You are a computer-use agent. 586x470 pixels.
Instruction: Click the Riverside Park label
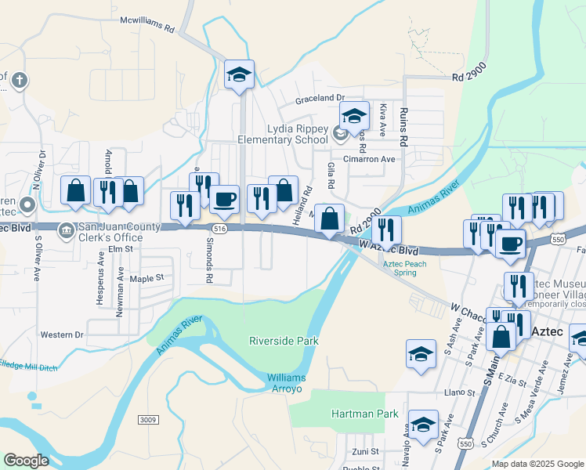click(x=284, y=341)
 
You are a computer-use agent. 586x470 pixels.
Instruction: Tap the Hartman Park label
click(x=364, y=414)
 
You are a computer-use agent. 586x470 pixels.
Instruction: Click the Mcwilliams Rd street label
click(x=146, y=27)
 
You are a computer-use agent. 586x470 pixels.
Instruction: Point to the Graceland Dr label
click(x=320, y=99)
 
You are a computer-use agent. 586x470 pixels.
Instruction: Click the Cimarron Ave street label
click(x=367, y=158)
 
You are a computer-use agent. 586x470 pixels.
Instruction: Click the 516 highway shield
click(x=219, y=228)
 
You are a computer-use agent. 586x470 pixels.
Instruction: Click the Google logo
click(x=26, y=461)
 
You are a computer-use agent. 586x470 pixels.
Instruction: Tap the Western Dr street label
click(x=62, y=334)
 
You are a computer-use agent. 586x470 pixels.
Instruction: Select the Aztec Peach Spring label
click(x=404, y=267)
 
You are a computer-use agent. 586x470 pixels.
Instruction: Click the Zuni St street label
click(x=364, y=451)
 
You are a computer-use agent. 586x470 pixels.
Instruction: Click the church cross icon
click(x=19, y=79)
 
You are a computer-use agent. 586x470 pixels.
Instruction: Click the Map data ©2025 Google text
click(x=537, y=463)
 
